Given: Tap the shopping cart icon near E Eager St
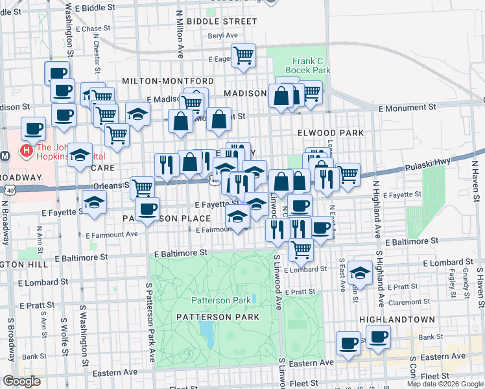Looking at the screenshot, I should [243, 56].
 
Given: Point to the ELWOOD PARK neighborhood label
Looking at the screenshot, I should [331, 132].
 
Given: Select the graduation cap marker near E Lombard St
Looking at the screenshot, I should [359, 273].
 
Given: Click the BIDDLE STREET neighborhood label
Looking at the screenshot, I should [221, 21].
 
